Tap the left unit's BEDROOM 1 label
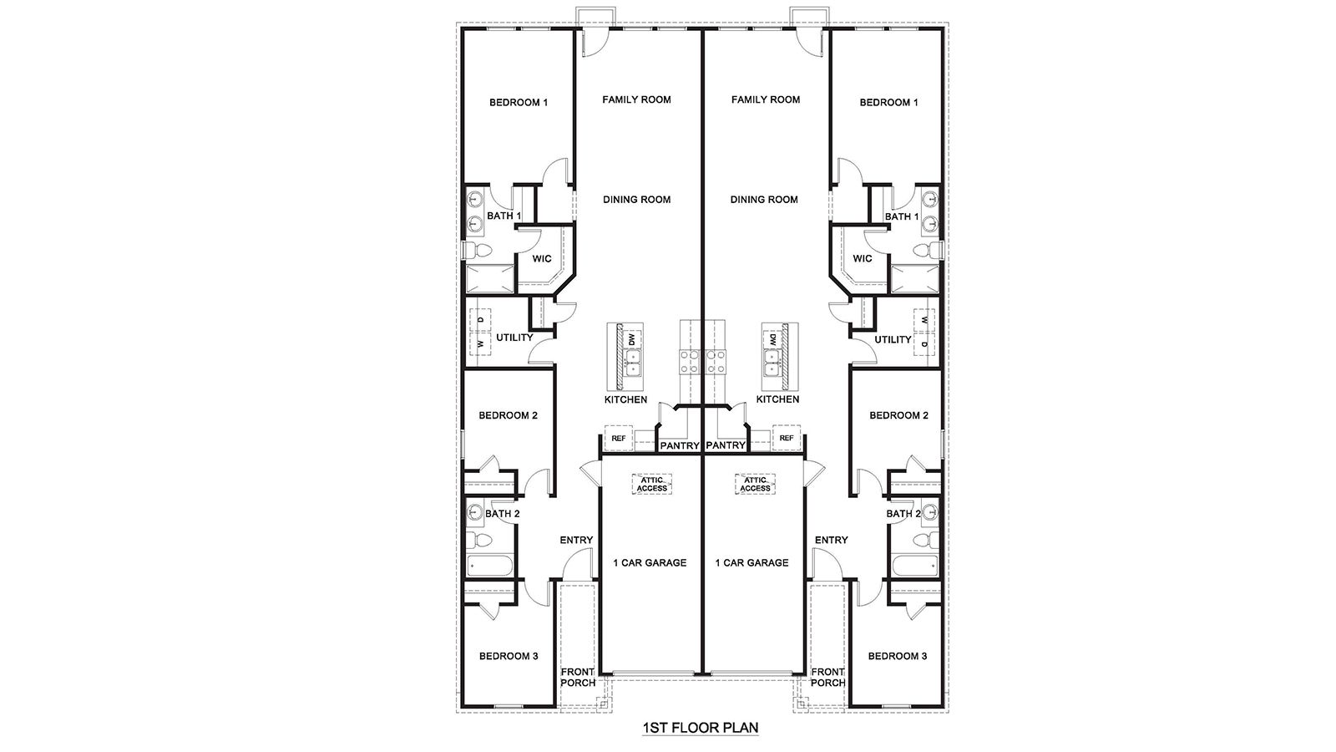519,103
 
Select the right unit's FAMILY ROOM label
766,99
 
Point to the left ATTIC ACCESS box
652,484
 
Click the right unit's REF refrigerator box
786,438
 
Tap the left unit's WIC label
542,259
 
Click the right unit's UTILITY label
893,340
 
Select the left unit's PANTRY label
680,446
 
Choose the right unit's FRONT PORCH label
827,677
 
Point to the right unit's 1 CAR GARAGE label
751,563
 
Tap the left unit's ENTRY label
576,541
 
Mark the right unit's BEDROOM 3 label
898,657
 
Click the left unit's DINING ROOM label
637,200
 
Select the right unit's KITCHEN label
777,400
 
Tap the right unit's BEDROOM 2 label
898,416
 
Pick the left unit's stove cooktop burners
691,361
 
